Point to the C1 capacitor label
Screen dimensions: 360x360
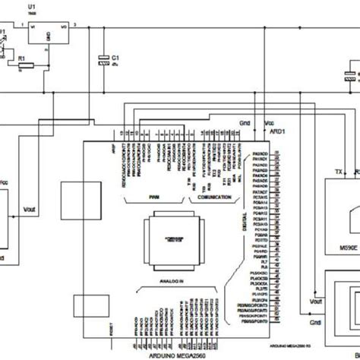pos(115,57)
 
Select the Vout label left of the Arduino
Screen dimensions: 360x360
pos(30,209)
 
